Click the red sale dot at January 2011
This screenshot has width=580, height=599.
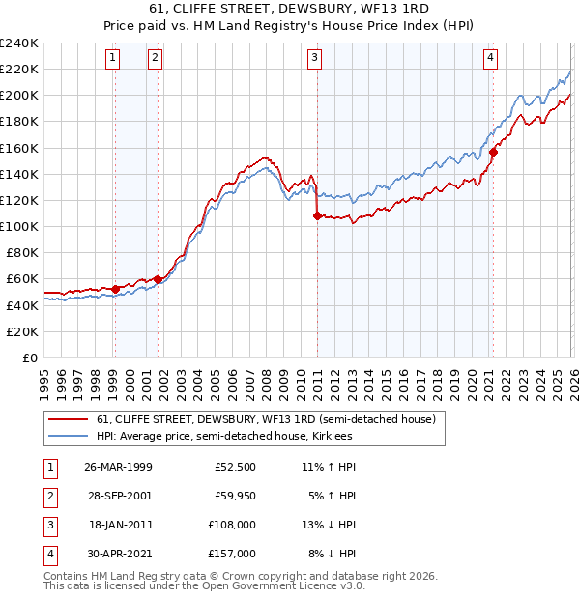316,216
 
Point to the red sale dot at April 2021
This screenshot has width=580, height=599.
492,152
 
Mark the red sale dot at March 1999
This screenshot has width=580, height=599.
115,288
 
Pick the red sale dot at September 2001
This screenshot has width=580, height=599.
158,279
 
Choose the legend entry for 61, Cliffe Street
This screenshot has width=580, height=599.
266,419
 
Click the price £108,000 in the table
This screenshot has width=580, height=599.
233,527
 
